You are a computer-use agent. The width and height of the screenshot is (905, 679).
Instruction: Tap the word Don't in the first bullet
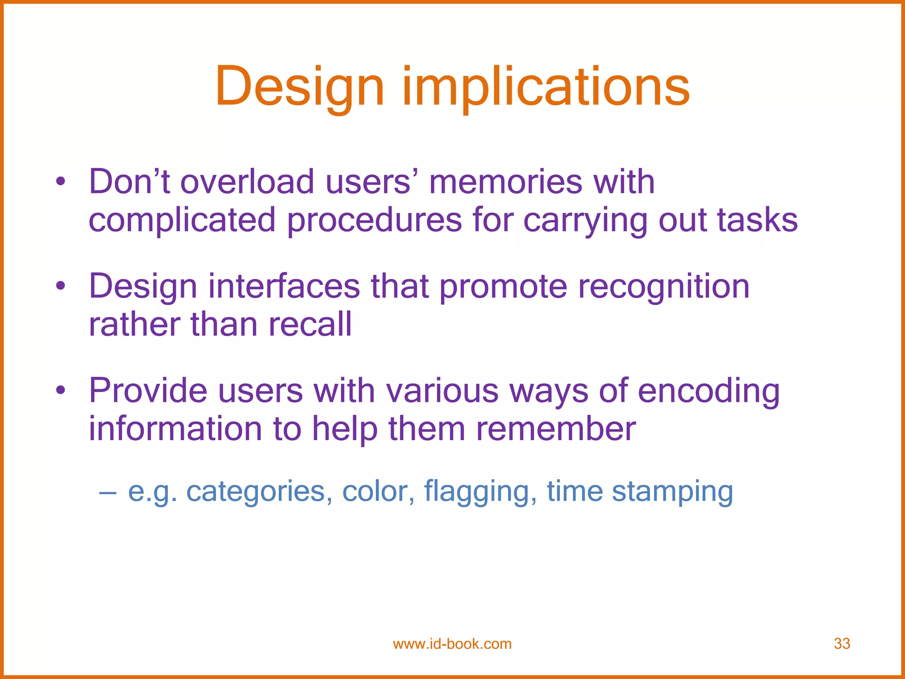(129, 182)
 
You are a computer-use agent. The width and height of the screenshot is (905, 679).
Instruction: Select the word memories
(505, 182)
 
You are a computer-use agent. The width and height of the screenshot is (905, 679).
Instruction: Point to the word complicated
(182, 220)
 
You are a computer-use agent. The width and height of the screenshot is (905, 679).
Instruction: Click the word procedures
(374, 220)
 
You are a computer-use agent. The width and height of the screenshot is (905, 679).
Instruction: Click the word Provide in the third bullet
(148, 390)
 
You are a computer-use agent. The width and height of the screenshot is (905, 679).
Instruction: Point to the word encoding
(708, 391)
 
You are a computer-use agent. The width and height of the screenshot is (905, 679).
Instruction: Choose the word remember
(556, 428)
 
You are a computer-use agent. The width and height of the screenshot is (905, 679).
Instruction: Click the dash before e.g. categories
(108, 492)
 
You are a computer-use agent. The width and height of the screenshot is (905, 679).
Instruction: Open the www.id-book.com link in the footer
(452, 644)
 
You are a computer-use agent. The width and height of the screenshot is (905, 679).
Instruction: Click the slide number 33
(842, 644)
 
